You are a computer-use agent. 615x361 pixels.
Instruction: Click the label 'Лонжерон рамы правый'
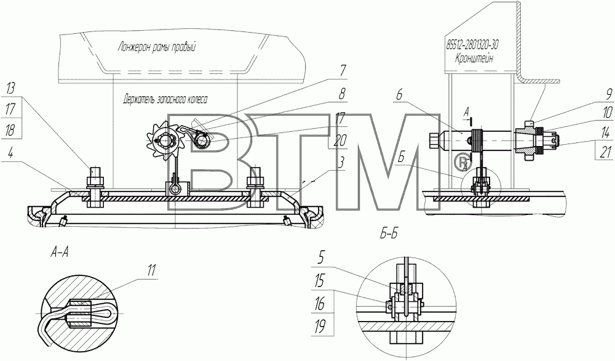click(x=156, y=47)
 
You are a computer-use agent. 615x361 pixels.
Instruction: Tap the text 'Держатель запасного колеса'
click(x=165, y=99)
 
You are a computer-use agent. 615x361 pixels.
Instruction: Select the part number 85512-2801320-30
click(x=472, y=45)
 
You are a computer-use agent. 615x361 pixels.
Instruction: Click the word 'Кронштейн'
click(x=474, y=59)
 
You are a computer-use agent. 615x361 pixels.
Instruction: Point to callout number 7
click(x=343, y=71)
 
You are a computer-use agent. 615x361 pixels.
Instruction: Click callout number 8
click(x=343, y=94)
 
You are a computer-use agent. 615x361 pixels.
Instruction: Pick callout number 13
click(x=10, y=88)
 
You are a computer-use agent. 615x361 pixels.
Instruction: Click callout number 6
click(x=400, y=95)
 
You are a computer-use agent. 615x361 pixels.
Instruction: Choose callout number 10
click(x=606, y=113)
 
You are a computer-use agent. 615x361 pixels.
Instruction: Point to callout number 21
click(x=606, y=152)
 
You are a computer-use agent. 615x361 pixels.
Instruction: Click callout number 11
click(x=151, y=270)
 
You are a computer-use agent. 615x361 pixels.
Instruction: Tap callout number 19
click(x=320, y=327)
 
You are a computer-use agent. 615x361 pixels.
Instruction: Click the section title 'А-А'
click(x=60, y=252)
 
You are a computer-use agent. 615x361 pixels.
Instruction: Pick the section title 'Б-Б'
click(x=389, y=235)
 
